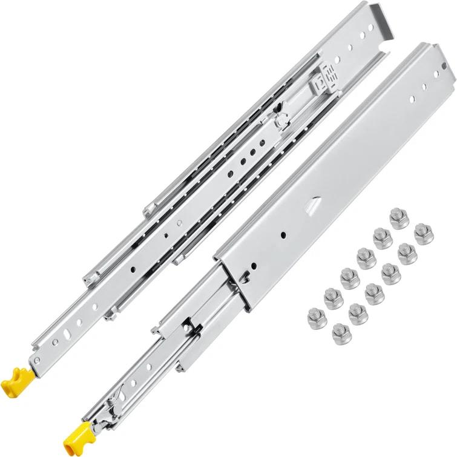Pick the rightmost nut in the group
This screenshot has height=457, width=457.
click(x=423, y=234)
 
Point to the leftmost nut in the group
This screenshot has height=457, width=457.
click(x=316, y=316)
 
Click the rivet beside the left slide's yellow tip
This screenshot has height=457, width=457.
click(x=38, y=362)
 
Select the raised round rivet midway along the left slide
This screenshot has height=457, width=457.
click(x=280, y=121)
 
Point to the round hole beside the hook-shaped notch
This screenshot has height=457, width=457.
click(x=253, y=267)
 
